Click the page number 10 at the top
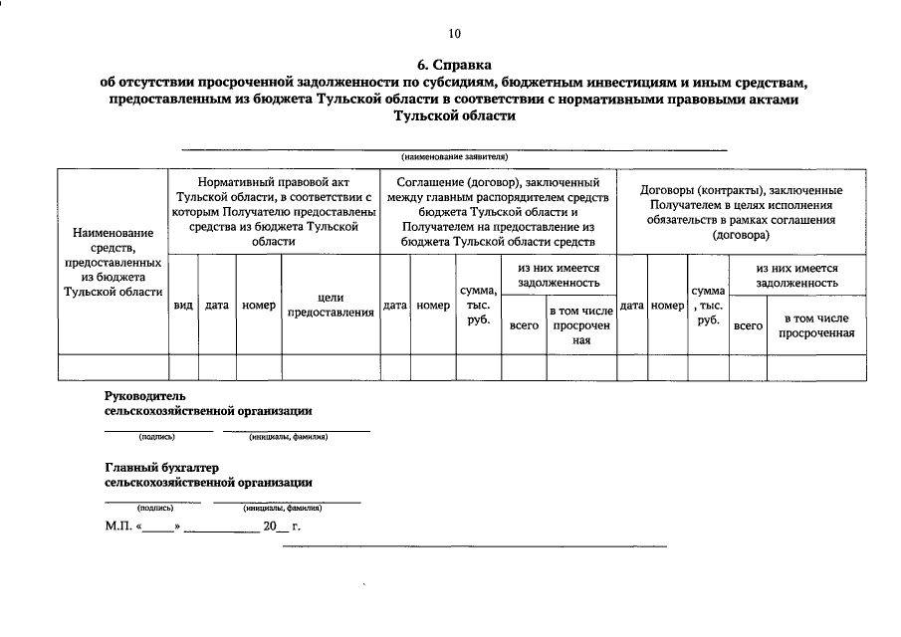[x=454, y=34]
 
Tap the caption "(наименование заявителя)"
[x=454, y=157]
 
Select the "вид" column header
[x=183, y=306]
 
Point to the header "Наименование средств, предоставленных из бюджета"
[x=112, y=262]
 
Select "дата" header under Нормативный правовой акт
[x=217, y=306]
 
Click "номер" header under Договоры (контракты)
[x=667, y=306]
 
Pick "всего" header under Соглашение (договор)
[x=524, y=325]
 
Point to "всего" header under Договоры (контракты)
[x=748, y=325]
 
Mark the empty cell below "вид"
[x=183, y=367]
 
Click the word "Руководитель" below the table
[x=144, y=395]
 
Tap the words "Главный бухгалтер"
[x=161, y=468]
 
